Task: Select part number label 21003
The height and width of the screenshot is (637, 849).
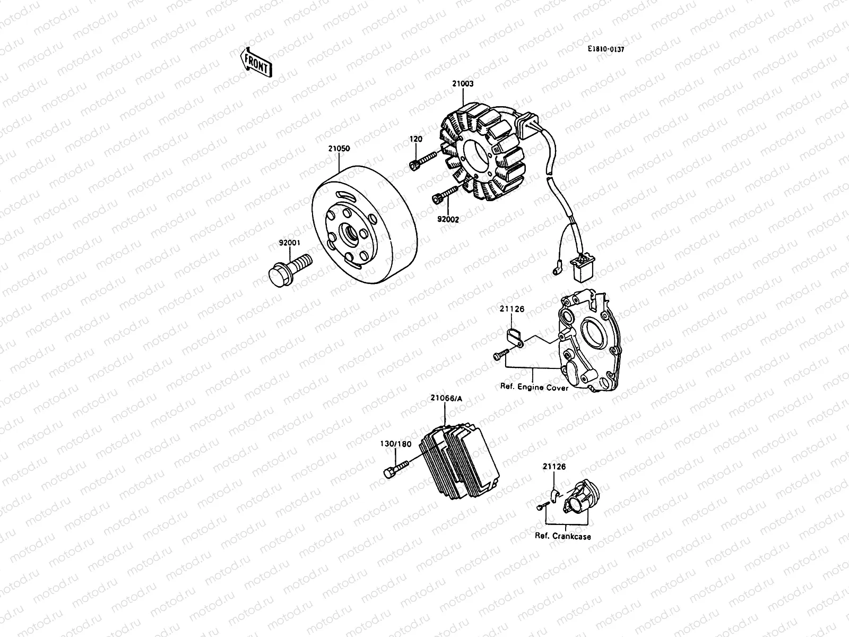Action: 463,84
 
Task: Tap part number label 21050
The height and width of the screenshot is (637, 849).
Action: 339,149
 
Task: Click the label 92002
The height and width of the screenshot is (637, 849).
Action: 448,219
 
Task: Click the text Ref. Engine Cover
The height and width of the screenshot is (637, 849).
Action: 534,388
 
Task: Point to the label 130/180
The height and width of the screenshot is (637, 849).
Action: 395,444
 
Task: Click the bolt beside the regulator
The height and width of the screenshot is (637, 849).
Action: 396,469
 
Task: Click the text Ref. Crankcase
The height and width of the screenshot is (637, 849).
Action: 562,536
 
